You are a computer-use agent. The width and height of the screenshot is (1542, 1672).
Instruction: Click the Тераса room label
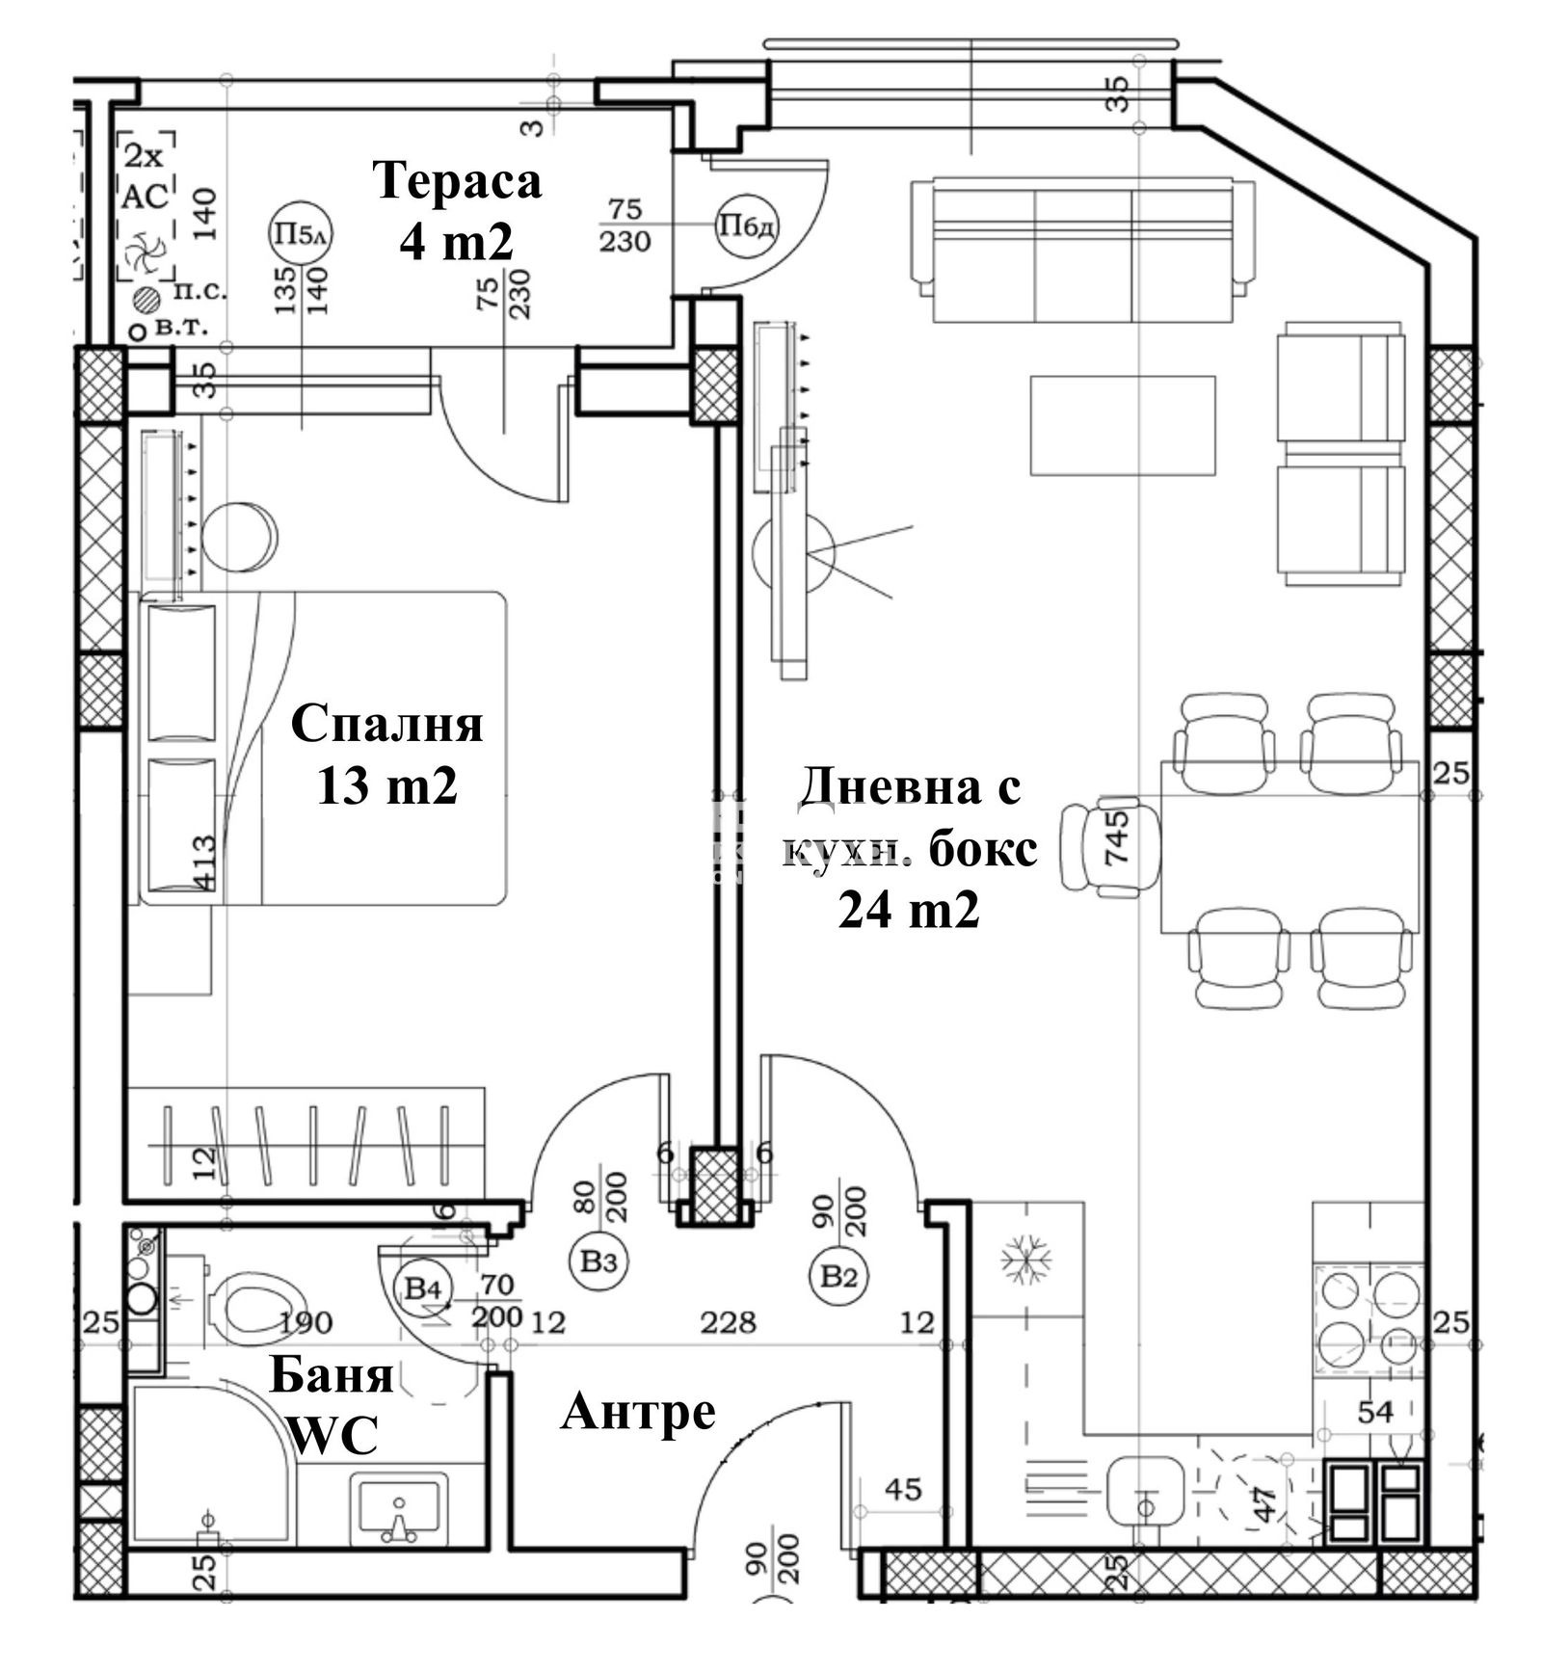pos(457,181)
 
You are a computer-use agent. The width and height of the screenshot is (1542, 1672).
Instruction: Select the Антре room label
pos(638,1413)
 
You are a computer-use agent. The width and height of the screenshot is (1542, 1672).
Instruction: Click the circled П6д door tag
pos(747,226)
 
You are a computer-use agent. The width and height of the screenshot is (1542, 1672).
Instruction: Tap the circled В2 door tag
pos(838,1277)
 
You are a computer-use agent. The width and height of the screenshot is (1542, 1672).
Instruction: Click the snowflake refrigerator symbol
pos(1025,1260)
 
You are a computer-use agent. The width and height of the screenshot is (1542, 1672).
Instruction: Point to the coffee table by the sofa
pos(1122,425)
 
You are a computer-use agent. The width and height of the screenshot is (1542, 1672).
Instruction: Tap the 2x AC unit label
pos(146,176)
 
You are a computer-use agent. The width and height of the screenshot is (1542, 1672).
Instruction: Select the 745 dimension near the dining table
pos(1115,837)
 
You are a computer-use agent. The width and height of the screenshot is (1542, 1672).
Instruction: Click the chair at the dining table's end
pos(1099,847)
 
